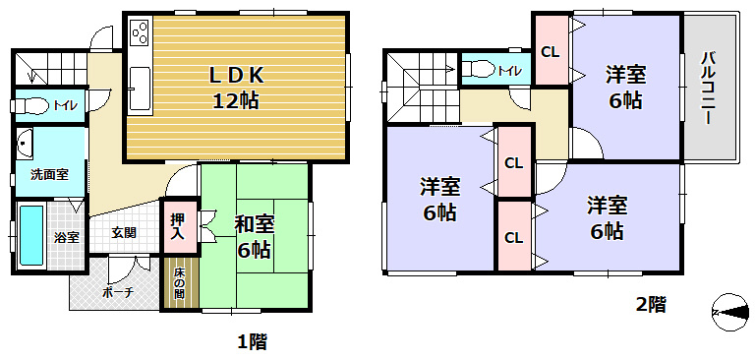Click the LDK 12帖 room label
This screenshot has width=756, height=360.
(236, 87)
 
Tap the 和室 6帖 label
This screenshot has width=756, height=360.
(254, 236)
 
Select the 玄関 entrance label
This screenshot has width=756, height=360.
(124, 233)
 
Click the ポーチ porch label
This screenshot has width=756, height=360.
(116, 292)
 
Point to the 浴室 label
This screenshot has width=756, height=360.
(66, 237)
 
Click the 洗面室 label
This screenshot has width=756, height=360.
(49, 174)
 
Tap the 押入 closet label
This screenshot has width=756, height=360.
(178, 227)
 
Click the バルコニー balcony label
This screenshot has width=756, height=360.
(708, 89)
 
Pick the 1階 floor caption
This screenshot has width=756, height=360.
(252, 342)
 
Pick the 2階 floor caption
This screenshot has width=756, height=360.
(650, 305)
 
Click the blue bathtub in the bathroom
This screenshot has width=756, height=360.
(32, 237)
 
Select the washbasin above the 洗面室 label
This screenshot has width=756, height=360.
(25, 145)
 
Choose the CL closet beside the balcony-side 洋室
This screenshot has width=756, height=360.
(551, 52)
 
